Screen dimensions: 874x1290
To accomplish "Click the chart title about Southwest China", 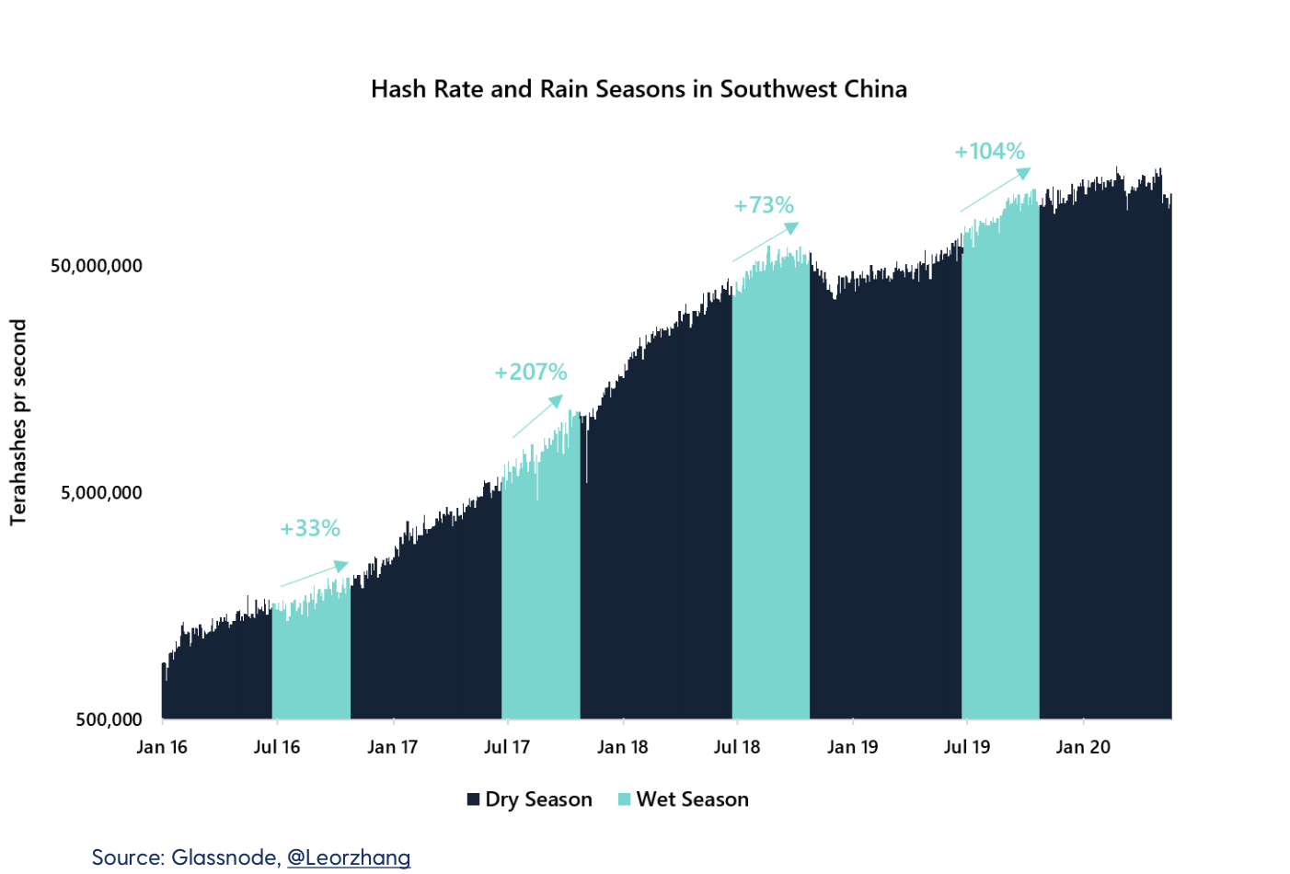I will pyautogui.click(x=639, y=89).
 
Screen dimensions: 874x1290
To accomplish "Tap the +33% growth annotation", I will pyautogui.click(x=310, y=528).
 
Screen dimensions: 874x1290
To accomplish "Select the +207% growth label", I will pyautogui.click(x=531, y=372).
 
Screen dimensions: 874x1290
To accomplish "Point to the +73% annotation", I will pyautogui.click(x=764, y=205).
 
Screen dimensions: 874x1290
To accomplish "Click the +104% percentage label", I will pyautogui.click(x=989, y=151).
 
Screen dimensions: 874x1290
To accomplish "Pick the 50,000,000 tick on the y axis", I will pyautogui.click(x=97, y=266).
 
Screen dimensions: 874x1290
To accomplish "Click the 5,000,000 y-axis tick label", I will pyautogui.click(x=101, y=492).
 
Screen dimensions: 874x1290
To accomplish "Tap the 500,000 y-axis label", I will pyautogui.click(x=109, y=719).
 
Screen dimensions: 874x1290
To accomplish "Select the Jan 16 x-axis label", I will pyautogui.click(x=162, y=747).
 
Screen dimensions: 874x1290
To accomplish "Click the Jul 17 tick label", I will pyautogui.click(x=507, y=747).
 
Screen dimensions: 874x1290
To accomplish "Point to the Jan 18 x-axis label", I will pyautogui.click(x=623, y=747).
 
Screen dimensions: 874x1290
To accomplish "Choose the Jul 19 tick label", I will pyautogui.click(x=967, y=747).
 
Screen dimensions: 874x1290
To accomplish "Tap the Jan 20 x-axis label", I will pyautogui.click(x=1083, y=747).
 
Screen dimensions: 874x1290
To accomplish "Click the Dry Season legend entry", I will pyautogui.click(x=530, y=799).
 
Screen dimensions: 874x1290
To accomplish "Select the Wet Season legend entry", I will pyautogui.click(x=684, y=799).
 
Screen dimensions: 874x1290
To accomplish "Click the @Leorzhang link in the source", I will pyautogui.click(x=349, y=857).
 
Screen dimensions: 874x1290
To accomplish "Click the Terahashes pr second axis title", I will pyautogui.click(x=18, y=422).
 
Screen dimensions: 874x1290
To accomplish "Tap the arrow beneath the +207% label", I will pyautogui.click(x=537, y=417).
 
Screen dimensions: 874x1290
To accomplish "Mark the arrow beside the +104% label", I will pyautogui.click(x=996, y=190).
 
